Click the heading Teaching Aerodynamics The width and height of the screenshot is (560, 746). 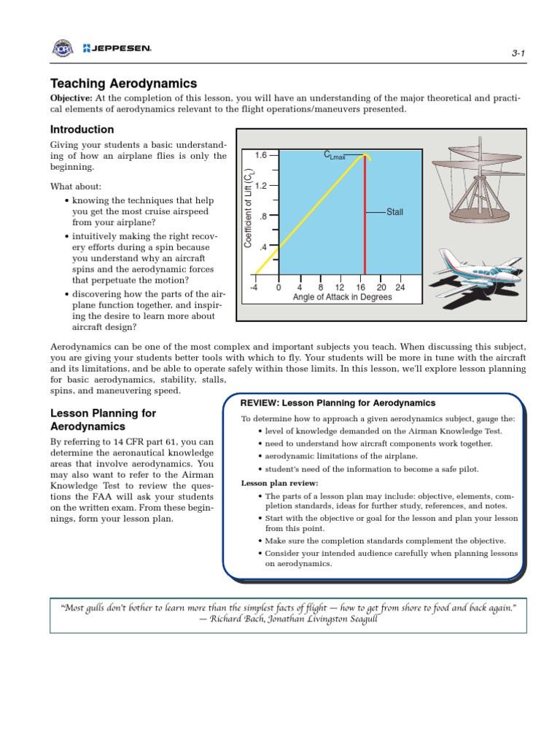123,84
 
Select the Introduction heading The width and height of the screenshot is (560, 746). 82,130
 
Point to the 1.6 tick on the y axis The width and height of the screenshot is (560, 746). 261,155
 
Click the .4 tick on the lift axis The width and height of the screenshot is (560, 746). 263,246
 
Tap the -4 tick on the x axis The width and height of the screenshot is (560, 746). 254,287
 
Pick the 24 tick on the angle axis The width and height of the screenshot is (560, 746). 400,287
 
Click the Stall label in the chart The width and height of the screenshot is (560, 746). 394,212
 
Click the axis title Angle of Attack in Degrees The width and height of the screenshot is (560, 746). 342,297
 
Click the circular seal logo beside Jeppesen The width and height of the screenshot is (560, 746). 63,49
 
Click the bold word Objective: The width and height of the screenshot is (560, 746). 71,98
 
